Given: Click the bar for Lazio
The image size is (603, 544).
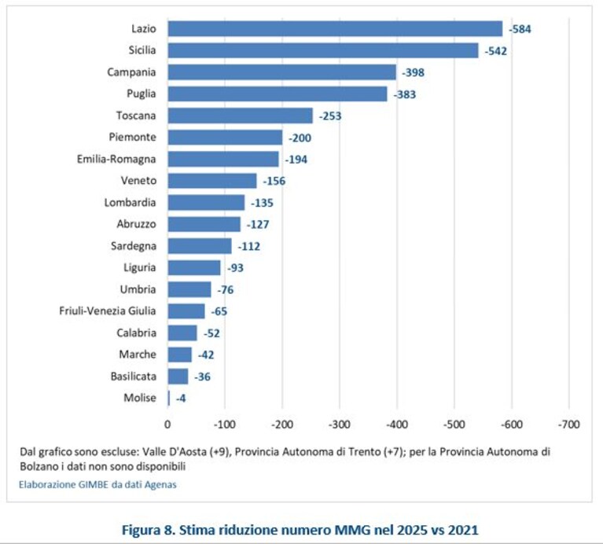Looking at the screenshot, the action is point(335,29).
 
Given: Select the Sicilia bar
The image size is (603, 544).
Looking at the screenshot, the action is point(323,50).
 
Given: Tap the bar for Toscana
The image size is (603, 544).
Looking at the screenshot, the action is point(241,116).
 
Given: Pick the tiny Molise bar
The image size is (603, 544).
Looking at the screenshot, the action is point(169,399).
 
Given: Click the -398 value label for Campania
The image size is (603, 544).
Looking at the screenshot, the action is point(413,72).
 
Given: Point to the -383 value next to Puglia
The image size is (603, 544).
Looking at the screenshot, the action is point(405,94).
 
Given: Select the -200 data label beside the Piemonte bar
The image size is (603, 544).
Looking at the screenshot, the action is point(300,138).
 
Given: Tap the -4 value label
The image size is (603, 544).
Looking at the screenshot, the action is point(181,399).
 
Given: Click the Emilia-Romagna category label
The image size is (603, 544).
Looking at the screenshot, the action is point(116,159).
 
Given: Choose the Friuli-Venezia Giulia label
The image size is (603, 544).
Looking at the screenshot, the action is point(108,311).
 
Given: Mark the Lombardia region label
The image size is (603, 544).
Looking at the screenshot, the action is point(130,203).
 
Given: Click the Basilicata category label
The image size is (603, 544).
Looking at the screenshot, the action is point(134,377).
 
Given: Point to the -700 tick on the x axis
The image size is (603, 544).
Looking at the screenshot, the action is point(569,425).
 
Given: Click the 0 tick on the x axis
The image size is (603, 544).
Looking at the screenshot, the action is point(167,425).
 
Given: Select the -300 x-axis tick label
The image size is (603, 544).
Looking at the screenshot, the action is point(340,425).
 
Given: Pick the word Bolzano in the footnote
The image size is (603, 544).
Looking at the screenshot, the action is point(36,467).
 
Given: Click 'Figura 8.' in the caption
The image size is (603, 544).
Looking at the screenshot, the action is point(149,530).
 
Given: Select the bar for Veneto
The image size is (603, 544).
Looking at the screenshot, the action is point(212,181).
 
